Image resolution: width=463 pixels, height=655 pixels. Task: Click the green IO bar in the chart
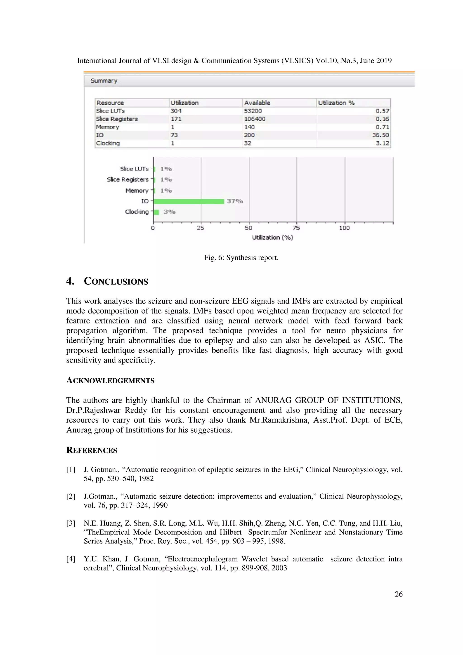coord(189,201)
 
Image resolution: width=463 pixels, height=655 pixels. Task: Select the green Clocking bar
coord(156,212)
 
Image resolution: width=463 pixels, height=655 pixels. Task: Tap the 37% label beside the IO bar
coord(235,201)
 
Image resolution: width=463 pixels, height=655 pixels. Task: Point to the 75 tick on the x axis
coord(296,228)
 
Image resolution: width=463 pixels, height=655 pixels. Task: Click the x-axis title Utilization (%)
coord(272,237)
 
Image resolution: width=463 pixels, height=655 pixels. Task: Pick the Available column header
coord(257,103)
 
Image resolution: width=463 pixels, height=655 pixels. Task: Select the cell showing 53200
coord(253,111)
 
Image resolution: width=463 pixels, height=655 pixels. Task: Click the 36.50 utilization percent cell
coord(380,135)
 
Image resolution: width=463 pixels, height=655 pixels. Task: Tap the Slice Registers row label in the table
coord(117,119)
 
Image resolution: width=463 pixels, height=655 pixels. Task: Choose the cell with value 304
coord(176,111)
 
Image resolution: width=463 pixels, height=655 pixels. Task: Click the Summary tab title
coord(104,81)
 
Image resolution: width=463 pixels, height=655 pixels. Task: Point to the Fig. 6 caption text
coord(241,258)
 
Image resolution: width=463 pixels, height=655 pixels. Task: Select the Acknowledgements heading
coord(110,381)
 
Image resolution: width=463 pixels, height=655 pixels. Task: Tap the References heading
coord(92,450)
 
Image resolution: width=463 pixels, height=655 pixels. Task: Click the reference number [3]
coord(71,523)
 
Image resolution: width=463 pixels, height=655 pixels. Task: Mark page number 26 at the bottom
coord(398,594)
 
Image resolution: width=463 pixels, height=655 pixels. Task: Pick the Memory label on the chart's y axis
coord(137,191)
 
